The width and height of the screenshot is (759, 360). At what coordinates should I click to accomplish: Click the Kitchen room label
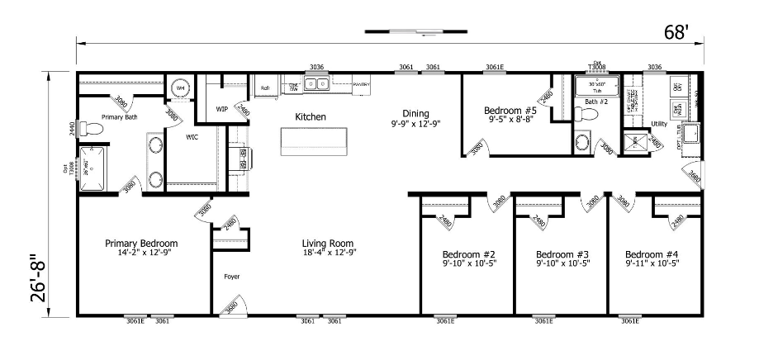[310, 117]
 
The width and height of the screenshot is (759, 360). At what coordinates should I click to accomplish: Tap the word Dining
[416, 113]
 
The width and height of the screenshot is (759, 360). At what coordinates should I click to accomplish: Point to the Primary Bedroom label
[141, 244]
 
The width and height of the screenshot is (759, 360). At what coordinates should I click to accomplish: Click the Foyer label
[231, 277]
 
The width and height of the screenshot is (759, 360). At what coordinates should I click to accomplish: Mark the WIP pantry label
[221, 108]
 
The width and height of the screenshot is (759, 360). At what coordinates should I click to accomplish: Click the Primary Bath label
[118, 117]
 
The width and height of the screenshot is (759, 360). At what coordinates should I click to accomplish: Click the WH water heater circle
[181, 88]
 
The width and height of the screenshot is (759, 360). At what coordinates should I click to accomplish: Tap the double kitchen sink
[316, 83]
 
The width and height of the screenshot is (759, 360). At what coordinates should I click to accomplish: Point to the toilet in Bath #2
[583, 141]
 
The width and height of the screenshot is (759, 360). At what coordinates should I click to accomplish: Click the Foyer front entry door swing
[226, 307]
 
